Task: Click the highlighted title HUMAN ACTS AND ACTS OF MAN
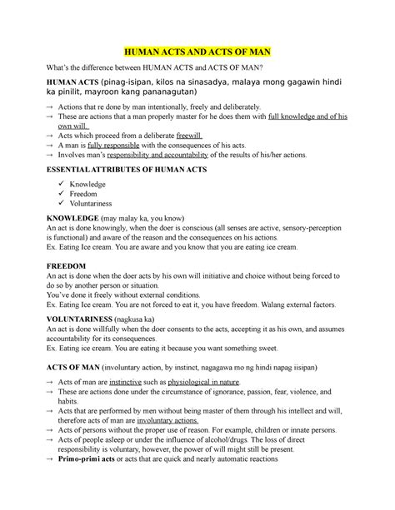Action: [197, 52]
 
